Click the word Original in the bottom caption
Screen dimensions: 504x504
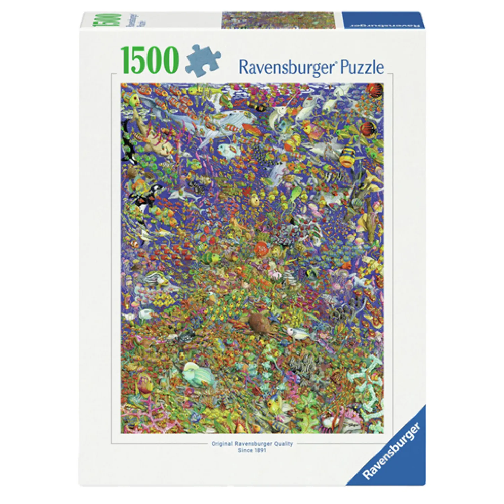[x=222, y=444]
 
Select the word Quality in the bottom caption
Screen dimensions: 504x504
[x=284, y=444]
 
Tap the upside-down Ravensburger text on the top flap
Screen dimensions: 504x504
[x=383, y=25]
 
